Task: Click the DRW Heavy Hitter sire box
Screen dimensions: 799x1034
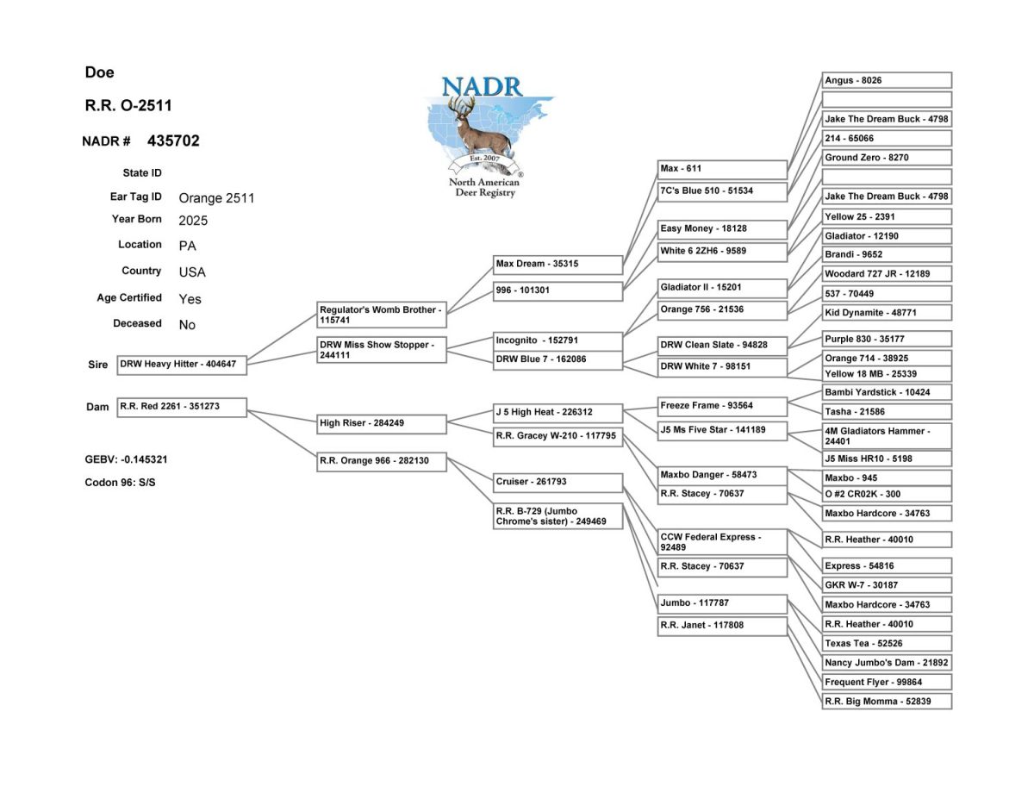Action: coord(182,365)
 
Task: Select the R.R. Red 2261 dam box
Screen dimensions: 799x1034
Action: coord(182,406)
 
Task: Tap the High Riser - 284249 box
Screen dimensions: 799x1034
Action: coord(382,423)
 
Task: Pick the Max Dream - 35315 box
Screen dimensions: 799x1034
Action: coord(557,264)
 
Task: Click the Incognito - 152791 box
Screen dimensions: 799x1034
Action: coord(557,340)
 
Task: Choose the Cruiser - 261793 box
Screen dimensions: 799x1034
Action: coord(557,482)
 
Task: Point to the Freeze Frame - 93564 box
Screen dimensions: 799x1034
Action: coord(722,406)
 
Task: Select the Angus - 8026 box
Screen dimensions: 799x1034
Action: coord(888,80)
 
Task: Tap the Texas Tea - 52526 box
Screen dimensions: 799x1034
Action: coord(888,643)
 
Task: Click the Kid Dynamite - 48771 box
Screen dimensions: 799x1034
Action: coord(888,312)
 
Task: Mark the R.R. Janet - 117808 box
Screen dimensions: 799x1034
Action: coord(722,626)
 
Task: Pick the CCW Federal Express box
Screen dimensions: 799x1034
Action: coord(722,542)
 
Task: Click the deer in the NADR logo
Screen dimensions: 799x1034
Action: coord(479,129)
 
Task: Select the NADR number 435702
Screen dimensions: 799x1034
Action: coord(173,140)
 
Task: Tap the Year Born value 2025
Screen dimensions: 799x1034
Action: coord(193,220)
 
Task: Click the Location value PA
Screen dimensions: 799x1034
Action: coord(187,246)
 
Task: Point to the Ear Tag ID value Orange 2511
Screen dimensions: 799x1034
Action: coord(216,197)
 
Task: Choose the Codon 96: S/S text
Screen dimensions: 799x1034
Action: coord(120,483)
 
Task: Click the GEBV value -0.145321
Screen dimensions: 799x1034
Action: coord(139,459)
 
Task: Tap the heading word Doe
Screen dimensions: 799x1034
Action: coord(99,72)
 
